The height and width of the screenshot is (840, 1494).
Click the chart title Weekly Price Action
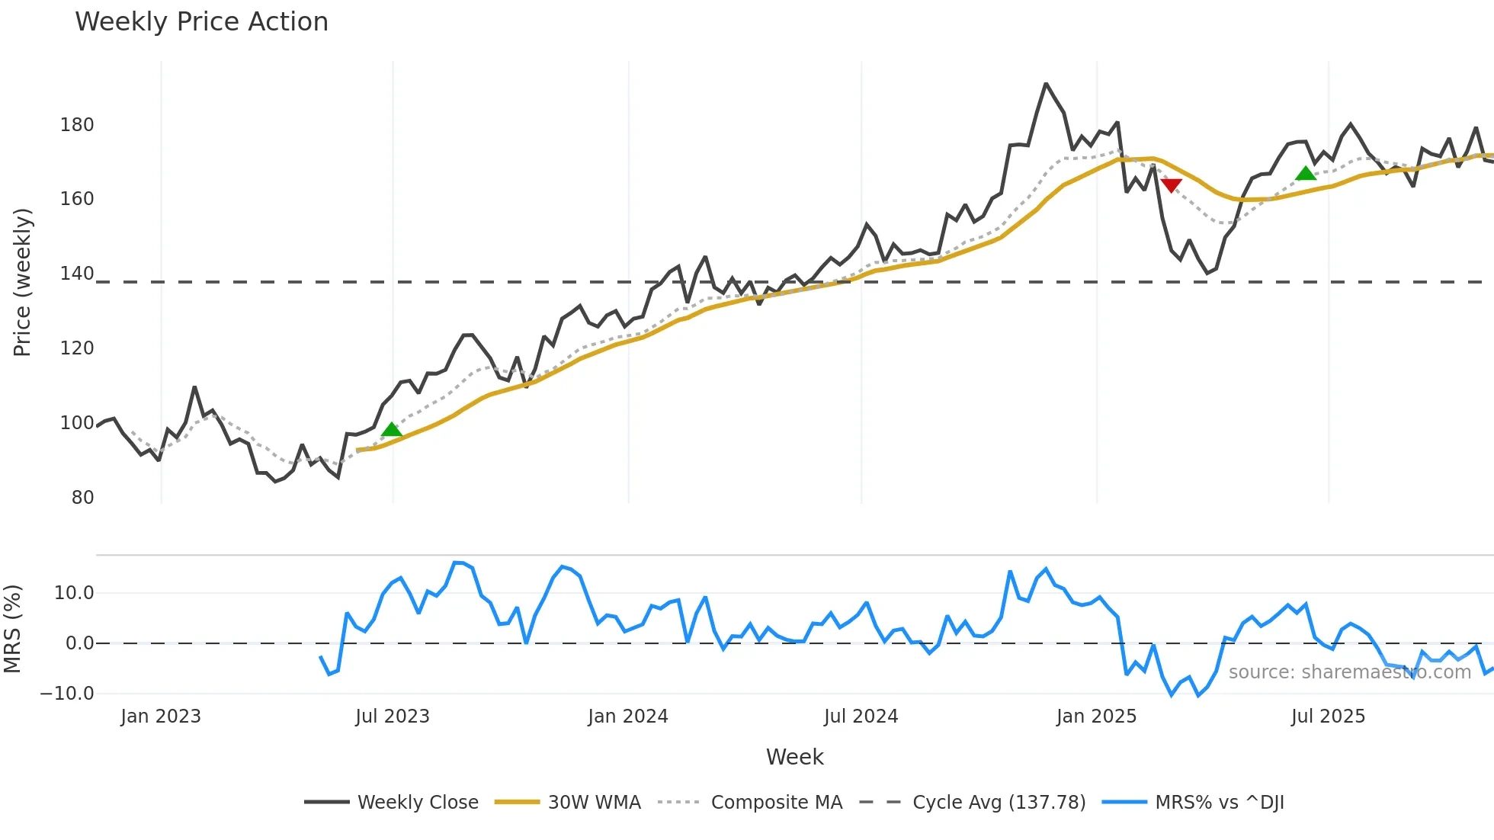[201, 22]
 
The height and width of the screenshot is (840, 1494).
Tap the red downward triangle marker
[1171, 185]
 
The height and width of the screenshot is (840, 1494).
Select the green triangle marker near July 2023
[392, 430]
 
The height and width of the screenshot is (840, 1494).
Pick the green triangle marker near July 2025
[1306, 174]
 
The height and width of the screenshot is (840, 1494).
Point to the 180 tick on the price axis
[77, 125]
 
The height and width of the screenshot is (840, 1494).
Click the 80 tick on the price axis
[82, 498]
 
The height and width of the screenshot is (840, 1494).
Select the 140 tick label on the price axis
[77, 274]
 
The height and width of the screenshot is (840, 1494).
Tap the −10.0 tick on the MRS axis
[67, 694]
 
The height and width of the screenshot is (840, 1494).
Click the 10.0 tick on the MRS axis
[74, 593]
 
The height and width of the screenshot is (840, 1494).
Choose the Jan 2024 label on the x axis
[627, 717]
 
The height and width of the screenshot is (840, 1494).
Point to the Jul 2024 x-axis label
[861, 717]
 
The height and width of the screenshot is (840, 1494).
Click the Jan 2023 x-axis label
[160, 717]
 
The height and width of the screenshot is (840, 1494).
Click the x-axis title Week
[794, 757]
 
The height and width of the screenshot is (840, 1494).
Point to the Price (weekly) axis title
[23, 282]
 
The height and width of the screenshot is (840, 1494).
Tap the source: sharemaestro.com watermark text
[1349, 672]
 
